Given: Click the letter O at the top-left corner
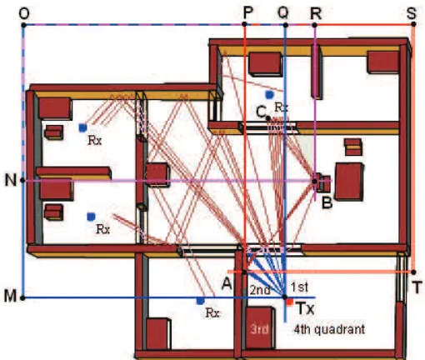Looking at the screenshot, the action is pos(24,13).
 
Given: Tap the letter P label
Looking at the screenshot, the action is pos(248,12).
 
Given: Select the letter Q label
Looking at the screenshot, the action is pos(283,13).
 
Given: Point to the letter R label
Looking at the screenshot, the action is pos(316,13).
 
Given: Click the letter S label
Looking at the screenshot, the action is pos(412,13).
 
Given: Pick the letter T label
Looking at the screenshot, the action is pos(417,287).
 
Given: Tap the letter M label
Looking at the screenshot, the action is pos(10,296).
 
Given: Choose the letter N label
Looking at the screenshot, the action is pos(11,180).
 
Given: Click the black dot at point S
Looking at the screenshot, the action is pos(413,24).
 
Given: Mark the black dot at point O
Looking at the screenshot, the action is pos(23,25).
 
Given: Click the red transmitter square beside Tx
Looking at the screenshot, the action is pos(290,302).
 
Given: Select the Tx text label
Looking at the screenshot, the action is pos(306,308).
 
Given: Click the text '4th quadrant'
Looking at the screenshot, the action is pos(329,329).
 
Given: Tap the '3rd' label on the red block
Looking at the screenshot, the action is pos(259,329).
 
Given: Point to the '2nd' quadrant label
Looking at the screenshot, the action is pos(260,290).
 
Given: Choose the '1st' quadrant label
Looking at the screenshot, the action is pos(299,287).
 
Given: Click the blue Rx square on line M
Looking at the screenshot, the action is pos(200,301).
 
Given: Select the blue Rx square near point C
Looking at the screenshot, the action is pos(269,95).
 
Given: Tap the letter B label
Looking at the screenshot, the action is pos(327,202).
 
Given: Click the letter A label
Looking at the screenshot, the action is pos(227,284).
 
